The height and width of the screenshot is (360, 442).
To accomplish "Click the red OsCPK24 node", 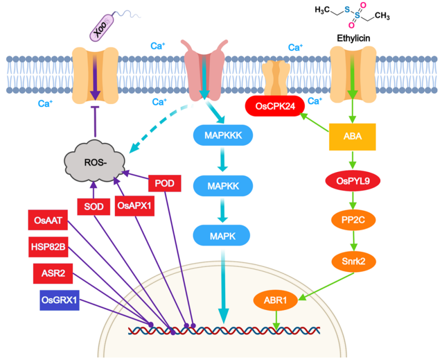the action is coord(275,106).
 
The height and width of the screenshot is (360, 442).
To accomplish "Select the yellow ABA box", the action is coord(353,136).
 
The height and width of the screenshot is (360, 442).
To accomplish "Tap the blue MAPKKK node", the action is coord(223,135).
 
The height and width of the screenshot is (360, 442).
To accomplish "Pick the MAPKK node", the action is coord(223,186).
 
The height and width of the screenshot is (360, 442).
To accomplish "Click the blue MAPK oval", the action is coord(222,236).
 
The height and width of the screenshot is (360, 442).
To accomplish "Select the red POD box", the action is coord(165,183).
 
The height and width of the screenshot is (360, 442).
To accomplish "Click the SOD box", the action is coord(93,207).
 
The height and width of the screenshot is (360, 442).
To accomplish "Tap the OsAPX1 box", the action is coord(134,206).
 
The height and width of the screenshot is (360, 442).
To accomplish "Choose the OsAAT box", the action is coord(48,220).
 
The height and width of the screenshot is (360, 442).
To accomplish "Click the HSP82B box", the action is coord(48,247).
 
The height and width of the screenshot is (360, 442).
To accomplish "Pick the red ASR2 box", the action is coord(53,273).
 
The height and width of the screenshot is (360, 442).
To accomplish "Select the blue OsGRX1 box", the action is coord(59,300).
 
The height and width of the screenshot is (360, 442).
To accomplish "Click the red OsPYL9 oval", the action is coord(353,181).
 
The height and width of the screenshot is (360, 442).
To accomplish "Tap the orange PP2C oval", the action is coord(353,220).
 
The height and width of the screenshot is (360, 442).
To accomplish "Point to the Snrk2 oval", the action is coord(354,261).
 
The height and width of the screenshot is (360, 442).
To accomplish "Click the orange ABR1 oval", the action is coord(275,300).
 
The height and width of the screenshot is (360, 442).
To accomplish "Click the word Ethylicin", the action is coord(354,38).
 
